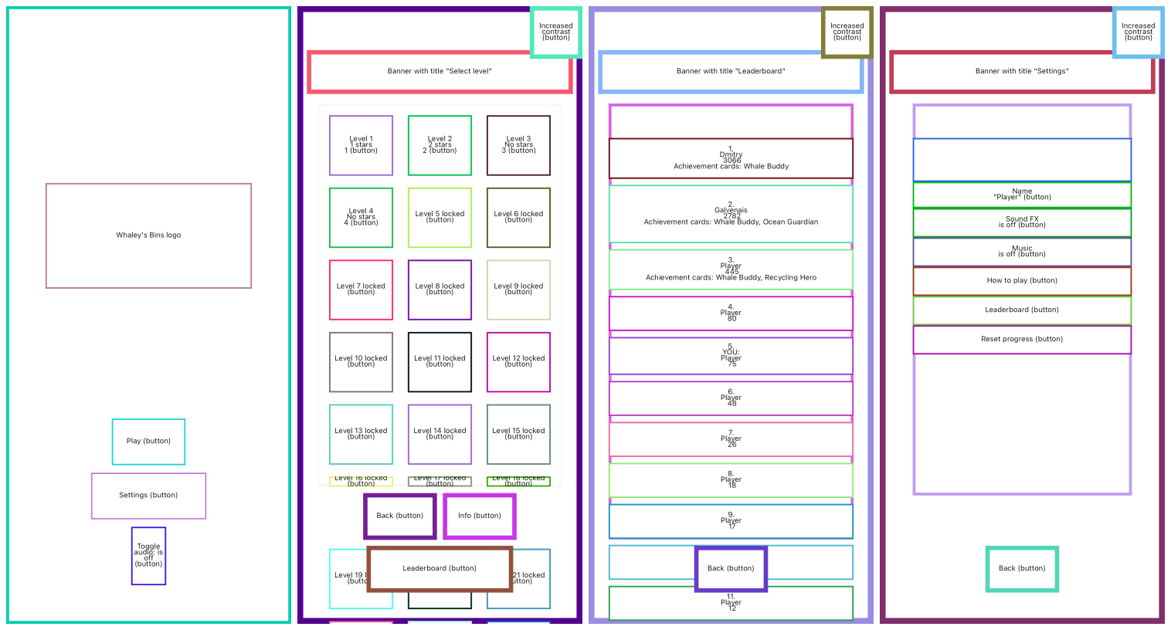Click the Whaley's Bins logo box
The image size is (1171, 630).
coord(148,235)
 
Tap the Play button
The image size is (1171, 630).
coord(148,442)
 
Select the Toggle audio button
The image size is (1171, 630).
coord(148,556)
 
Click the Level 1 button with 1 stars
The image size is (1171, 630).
coord(361,145)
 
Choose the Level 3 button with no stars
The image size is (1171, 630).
coord(518,145)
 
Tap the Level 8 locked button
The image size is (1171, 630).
coord(440,290)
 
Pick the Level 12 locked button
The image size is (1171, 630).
coord(518,362)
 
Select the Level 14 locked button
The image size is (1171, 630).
coord(440,434)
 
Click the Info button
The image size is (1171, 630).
coord(479,516)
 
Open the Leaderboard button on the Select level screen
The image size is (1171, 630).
coord(440,568)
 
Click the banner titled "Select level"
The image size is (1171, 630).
coord(440,72)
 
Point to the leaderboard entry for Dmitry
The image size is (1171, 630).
coord(731,158)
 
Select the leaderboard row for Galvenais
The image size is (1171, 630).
coord(731,215)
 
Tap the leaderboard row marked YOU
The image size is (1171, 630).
coord(731,356)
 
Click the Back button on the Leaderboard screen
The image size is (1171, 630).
coord(731,568)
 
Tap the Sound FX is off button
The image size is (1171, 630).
coord(1022,222)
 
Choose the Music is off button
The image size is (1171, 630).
coord(1022,252)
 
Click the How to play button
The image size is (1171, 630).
coord(1022,281)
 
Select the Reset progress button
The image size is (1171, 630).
coord(1022,340)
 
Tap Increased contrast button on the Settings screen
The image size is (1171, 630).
coord(1138,32)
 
